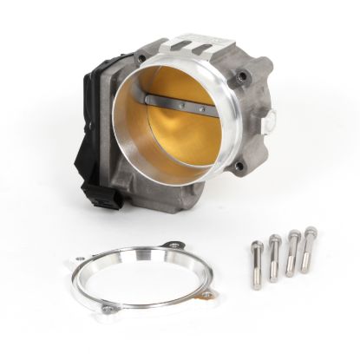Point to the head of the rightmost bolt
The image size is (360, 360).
click(310, 232)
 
